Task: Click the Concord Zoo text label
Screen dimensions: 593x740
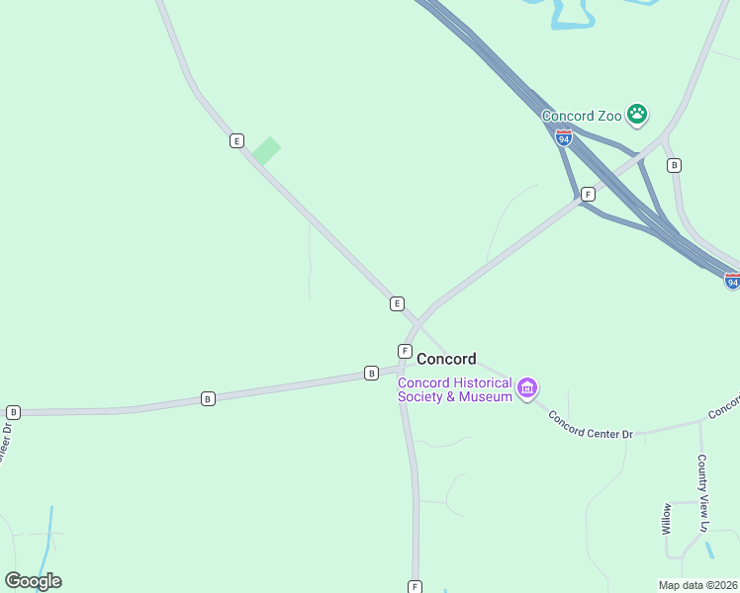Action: coord(582,116)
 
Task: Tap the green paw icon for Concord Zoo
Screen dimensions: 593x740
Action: coord(638,115)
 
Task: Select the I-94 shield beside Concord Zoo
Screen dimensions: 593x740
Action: coord(563,138)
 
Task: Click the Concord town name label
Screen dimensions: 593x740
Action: coord(446,359)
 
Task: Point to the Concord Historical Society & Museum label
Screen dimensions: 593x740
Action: coord(455,389)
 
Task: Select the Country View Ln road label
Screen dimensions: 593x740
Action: coord(702,493)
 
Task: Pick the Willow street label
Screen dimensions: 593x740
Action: coord(667,518)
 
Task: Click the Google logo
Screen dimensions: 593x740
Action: coord(33,581)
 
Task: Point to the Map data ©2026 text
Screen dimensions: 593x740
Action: coord(698,585)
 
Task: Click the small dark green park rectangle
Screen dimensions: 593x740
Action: coord(266,150)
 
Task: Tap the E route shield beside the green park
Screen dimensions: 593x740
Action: coord(236,140)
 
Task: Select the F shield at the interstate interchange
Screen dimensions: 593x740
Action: coord(588,194)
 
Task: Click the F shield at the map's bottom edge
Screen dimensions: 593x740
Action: coord(415,586)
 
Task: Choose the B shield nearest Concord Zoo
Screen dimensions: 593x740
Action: coord(674,165)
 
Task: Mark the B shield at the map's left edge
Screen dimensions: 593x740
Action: coord(13,412)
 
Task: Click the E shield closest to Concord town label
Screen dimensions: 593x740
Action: coord(397,303)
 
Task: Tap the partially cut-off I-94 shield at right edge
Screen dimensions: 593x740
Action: coord(732,282)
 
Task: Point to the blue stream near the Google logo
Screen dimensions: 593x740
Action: coord(47,534)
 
